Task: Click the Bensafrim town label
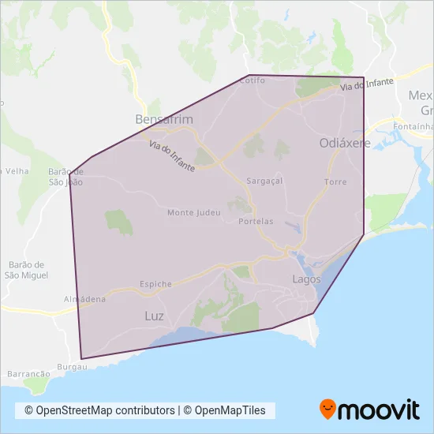point(164,120)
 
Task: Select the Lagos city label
point(306,279)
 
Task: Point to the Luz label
point(155,316)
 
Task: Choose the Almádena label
point(85,300)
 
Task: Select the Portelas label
point(256,222)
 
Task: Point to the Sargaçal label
point(264,181)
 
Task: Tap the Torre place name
point(335,182)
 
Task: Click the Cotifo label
point(253,80)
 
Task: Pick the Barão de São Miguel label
point(27,270)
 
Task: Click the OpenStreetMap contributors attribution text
point(99,410)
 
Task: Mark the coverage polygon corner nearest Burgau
point(81,359)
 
